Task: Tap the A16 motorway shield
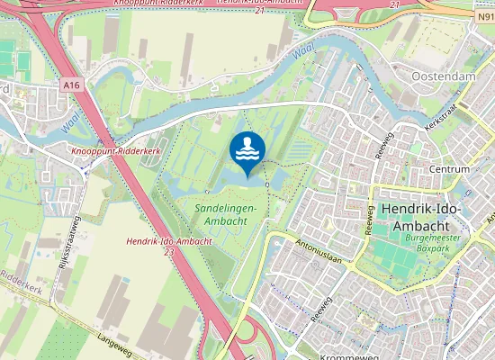coord(73,84)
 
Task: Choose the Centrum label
coord(450,169)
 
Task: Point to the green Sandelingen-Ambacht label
coord(226,214)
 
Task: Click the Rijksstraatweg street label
coord(66,242)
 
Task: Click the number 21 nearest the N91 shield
coord(394,4)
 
